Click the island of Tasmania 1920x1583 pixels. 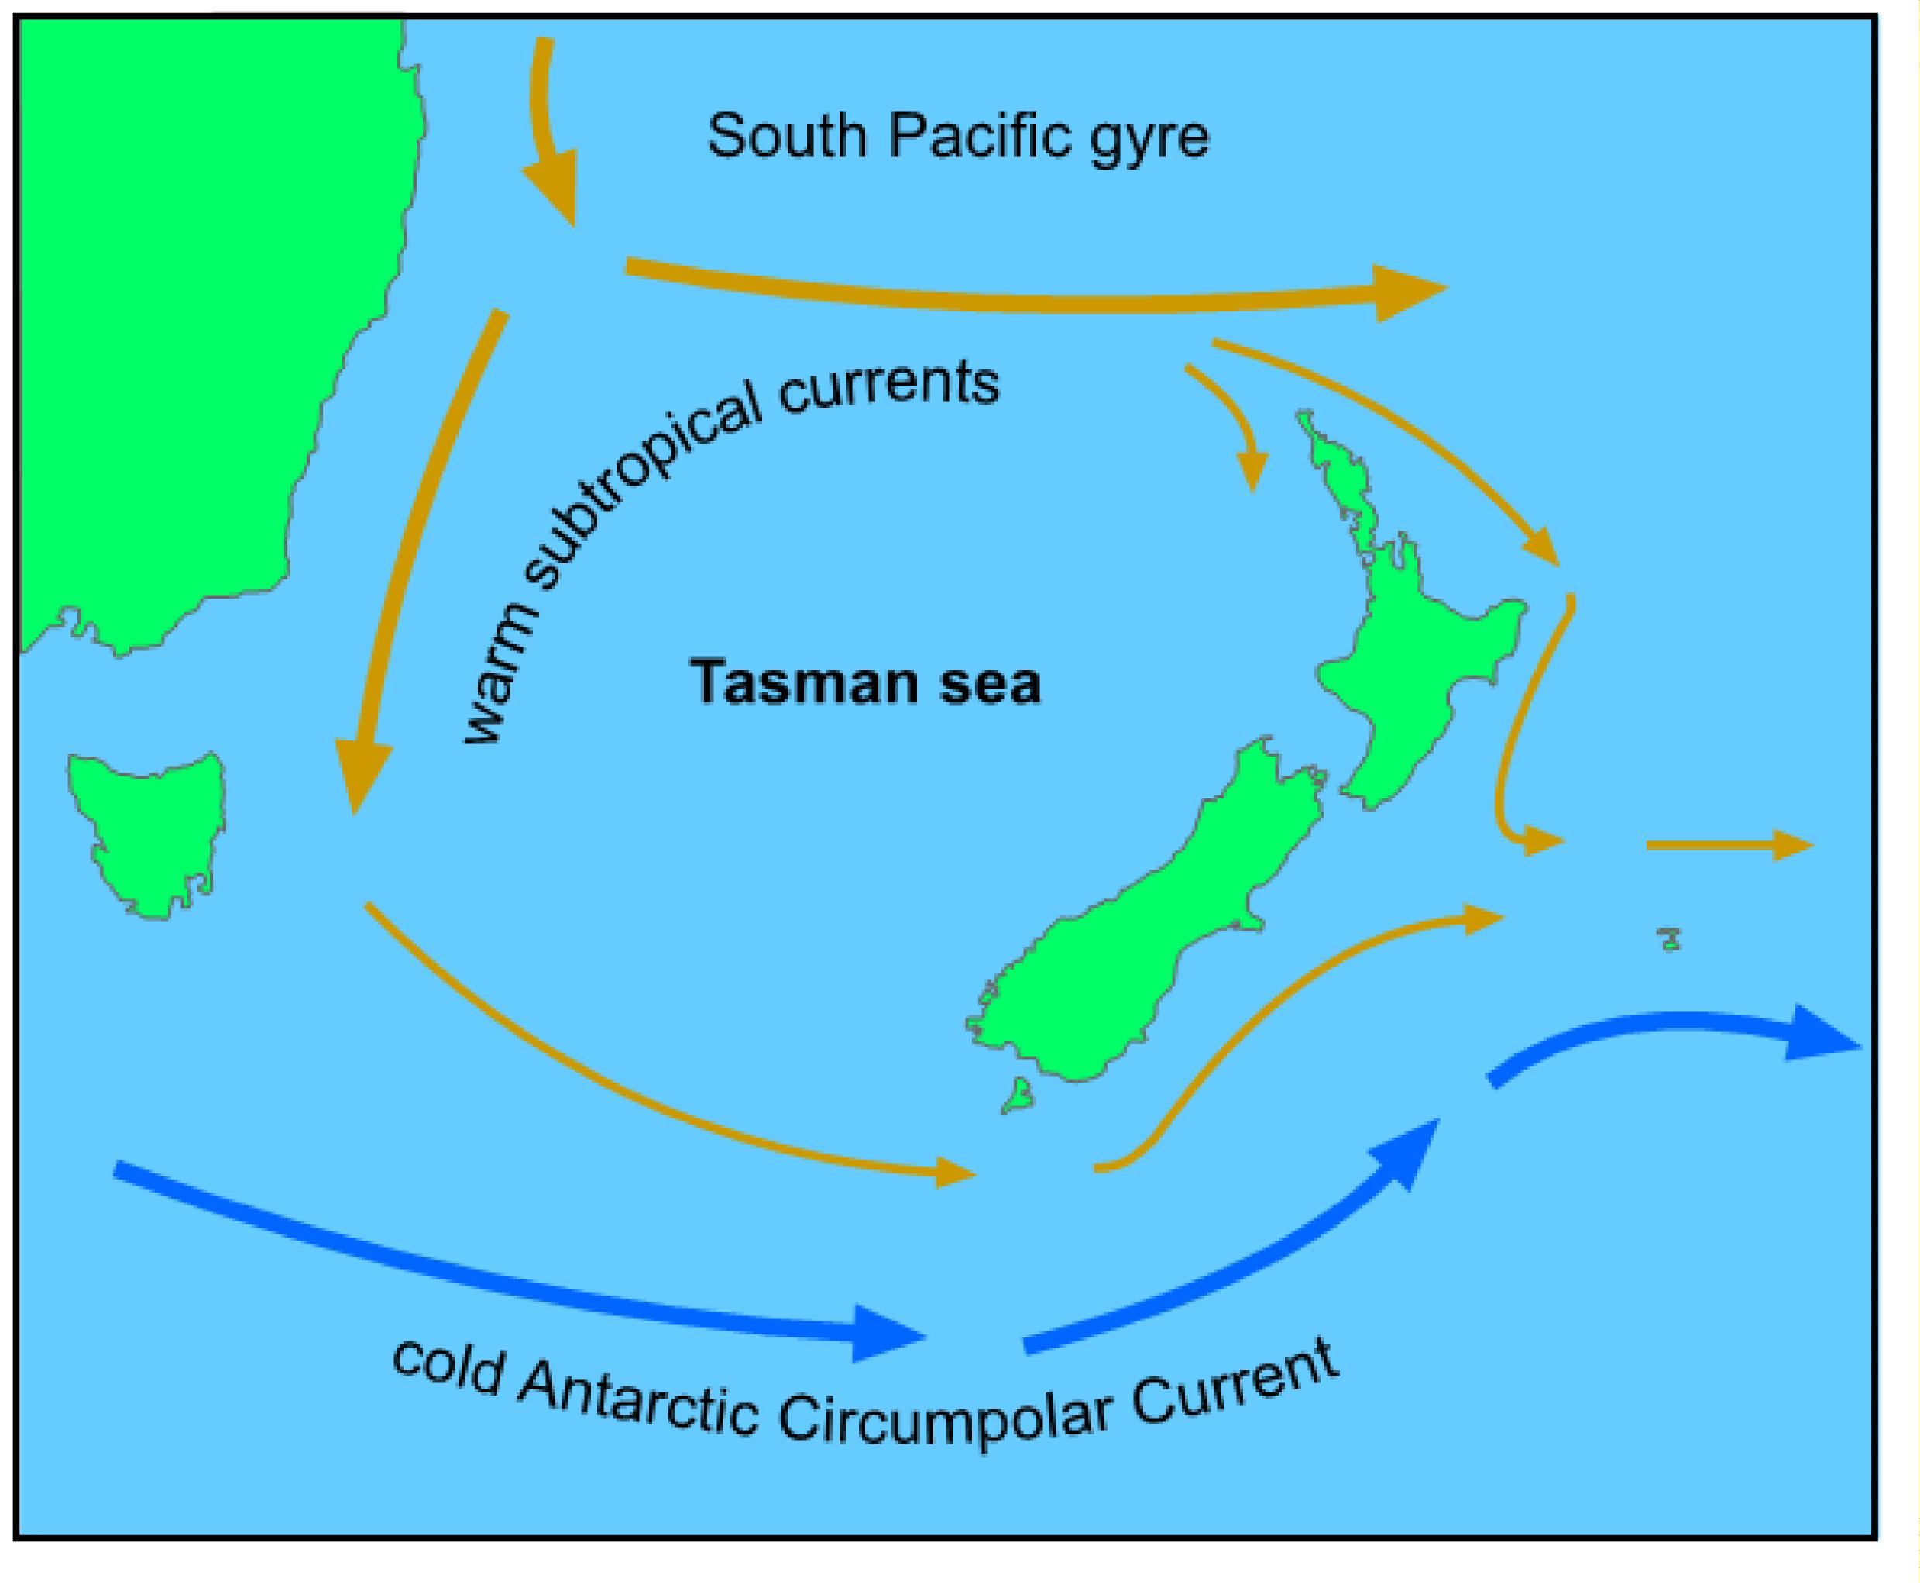point(150,829)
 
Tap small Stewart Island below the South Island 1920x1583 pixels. point(1018,1094)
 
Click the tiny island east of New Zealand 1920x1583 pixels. point(1669,939)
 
